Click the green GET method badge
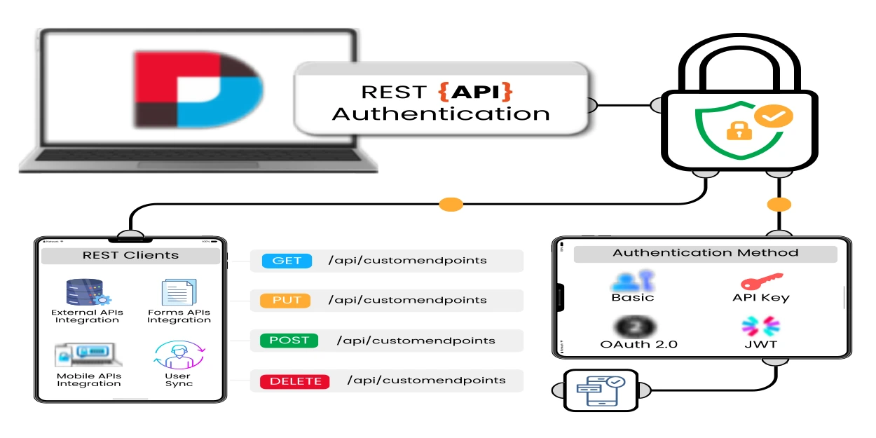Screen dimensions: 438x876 point(286,261)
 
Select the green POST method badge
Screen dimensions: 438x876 point(289,341)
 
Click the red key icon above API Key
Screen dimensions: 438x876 point(761,281)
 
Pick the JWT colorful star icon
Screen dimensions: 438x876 point(760,327)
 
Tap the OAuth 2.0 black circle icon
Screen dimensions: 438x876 point(636,327)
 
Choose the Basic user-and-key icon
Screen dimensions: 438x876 point(632,281)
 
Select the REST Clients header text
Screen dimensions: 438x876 point(130,255)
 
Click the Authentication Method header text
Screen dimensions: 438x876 point(705,253)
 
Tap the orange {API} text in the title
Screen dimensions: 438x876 point(475,92)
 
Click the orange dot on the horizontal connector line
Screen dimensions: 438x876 point(451,205)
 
